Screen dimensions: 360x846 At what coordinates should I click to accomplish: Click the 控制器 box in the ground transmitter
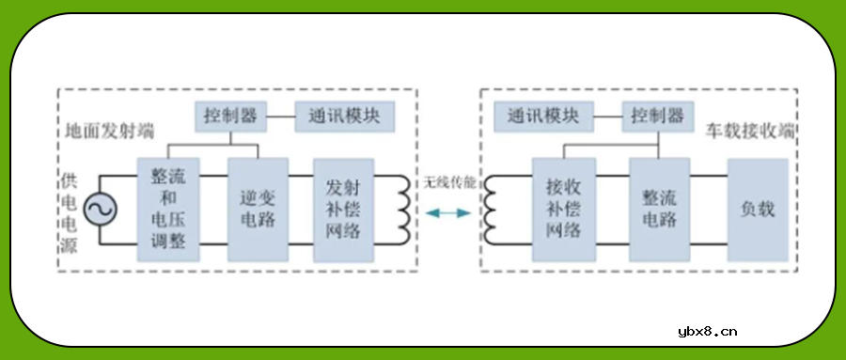coord(230,117)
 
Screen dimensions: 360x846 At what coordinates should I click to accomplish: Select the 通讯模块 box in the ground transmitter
coord(344,117)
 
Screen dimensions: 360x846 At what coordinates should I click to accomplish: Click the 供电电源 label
coord(66,210)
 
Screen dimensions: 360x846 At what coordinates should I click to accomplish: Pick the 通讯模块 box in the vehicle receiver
coord(543,117)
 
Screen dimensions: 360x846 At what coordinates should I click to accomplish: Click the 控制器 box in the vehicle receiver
coord(657,117)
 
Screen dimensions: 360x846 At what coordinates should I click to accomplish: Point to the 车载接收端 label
coord(749,129)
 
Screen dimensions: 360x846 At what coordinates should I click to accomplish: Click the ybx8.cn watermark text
coord(707,331)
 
